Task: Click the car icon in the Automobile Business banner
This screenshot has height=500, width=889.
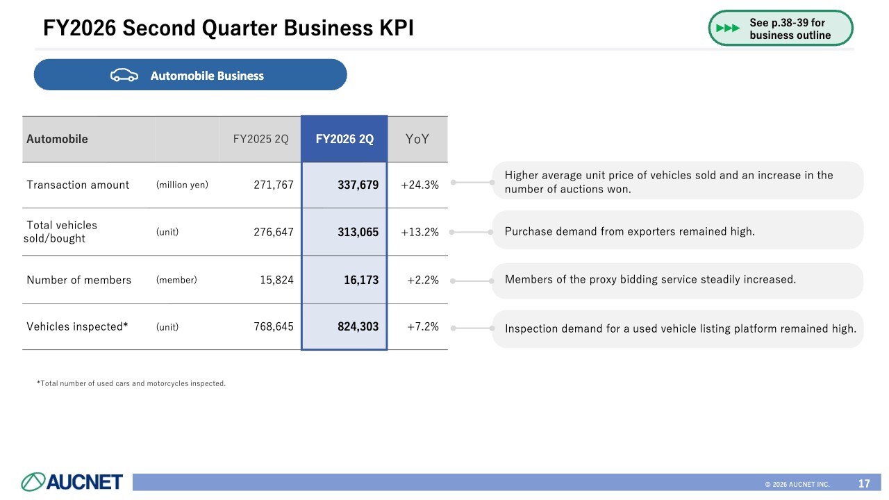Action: [124, 75]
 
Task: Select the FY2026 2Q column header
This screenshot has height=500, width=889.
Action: [344, 139]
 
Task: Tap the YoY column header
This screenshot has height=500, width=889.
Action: [417, 139]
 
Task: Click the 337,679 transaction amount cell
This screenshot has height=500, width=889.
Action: [358, 185]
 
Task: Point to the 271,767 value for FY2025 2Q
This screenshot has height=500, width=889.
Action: [274, 185]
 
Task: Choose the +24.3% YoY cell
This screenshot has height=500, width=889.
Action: [419, 185]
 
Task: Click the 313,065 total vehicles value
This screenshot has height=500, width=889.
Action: [358, 232]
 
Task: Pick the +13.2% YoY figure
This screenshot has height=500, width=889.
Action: [419, 232]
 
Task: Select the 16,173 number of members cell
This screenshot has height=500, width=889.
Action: [361, 280]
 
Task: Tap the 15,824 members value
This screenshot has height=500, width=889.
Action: [276, 280]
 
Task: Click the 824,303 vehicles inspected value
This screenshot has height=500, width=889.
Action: [358, 326]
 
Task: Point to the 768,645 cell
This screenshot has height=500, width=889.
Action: [274, 326]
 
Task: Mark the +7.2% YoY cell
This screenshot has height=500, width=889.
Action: [423, 326]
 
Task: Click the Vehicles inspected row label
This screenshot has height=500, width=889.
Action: [77, 326]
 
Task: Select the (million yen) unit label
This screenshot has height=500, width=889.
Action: [182, 185]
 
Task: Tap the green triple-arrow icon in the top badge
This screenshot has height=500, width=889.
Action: [728, 28]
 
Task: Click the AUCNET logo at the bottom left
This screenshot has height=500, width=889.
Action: [72, 482]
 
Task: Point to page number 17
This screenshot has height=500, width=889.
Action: [864, 483]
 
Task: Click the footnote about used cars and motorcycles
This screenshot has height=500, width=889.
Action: [131, 383]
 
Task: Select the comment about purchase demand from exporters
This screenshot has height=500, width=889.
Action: [629, 231]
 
